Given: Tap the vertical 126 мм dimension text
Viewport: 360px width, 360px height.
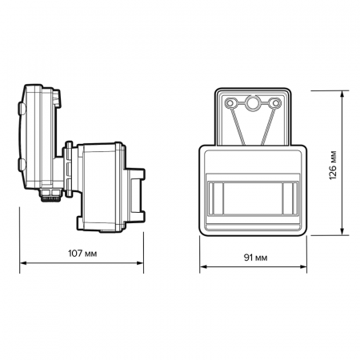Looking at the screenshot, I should tap(332, 162).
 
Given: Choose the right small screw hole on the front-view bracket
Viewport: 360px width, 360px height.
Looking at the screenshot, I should tap(276, 103).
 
